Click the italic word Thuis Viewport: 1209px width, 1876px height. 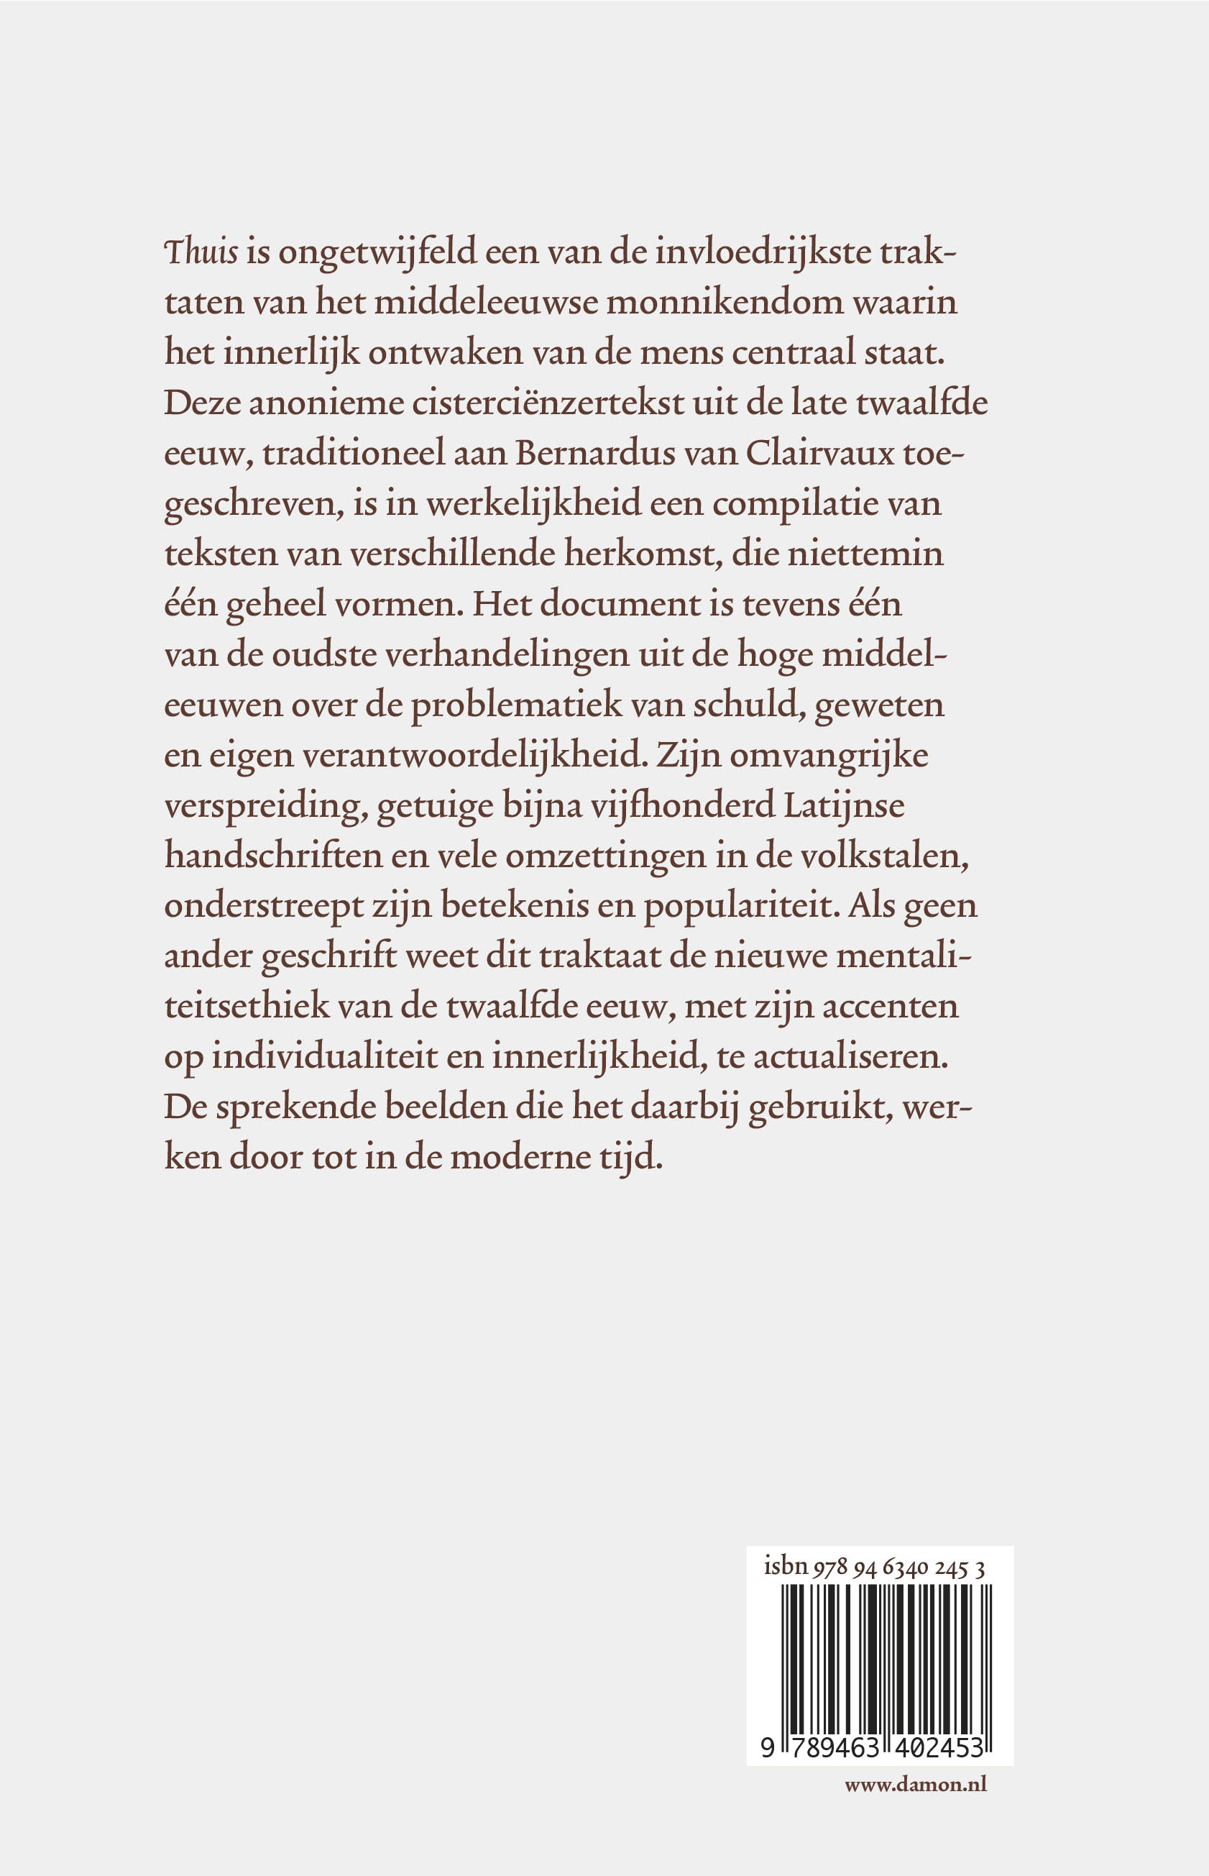tap(201, 253)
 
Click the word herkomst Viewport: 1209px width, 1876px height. tap(641, 554)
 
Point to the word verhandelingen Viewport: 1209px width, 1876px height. tap(507, 655)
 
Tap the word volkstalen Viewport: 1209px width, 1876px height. tap(884, 856)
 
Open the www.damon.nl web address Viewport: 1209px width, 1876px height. tap(916, 1784)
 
